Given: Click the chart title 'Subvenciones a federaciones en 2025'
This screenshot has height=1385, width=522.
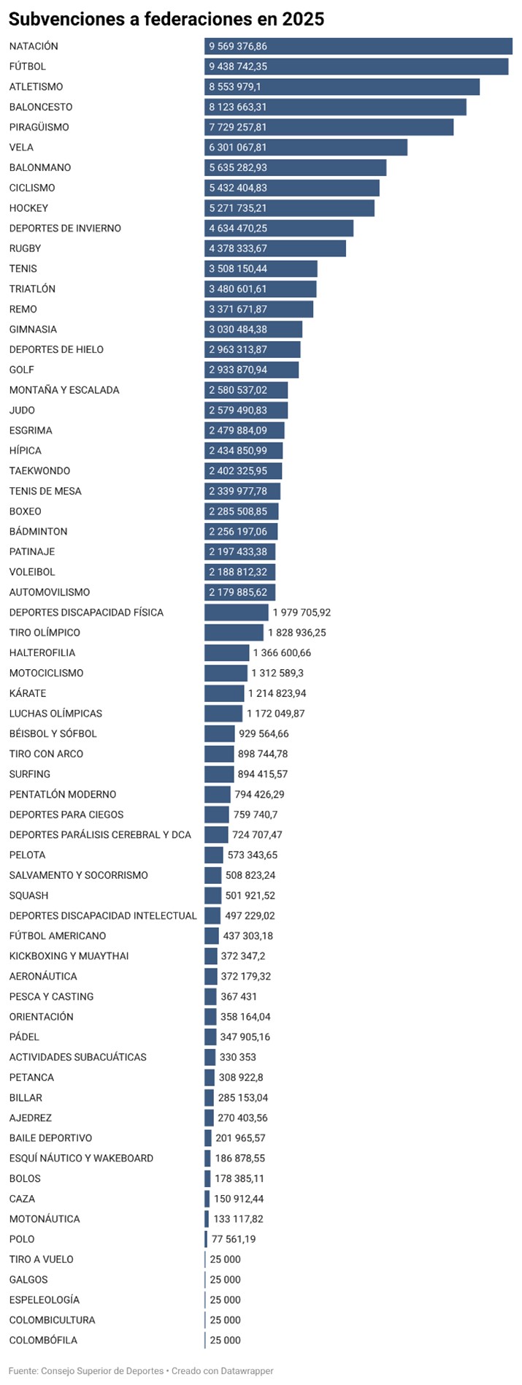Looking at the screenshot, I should (x=166, y=19).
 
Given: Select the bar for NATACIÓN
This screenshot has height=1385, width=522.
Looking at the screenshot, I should (x=358, y=46).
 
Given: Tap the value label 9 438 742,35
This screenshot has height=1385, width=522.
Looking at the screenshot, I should (x=238, y=66).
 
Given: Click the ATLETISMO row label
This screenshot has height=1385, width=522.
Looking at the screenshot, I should (x=36, y=87).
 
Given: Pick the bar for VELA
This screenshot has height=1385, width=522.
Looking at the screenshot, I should (x=305, y=148).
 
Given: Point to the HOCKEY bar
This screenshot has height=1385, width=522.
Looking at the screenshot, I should (x=289, y=208).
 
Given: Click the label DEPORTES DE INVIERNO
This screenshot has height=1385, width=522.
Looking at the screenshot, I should (x=65, y=229).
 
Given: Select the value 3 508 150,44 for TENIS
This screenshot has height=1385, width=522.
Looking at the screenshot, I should (x=238, y=269).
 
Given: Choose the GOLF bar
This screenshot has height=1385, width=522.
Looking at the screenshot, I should (x=251, y=370).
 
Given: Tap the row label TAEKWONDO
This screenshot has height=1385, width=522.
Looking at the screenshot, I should (x=39, y=471).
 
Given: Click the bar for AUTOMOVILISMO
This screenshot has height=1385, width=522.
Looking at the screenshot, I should (x=239, y=592).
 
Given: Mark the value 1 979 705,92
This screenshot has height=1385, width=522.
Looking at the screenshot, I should (x=302, y=612).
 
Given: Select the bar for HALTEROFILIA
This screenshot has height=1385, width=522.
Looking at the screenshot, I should (x=226, y=653).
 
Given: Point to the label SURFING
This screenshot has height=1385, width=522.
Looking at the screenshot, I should (x=30, y=774).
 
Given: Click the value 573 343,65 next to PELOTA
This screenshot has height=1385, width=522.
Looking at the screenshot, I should (x=253, y=855).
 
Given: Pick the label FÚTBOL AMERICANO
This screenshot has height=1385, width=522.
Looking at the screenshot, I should (x=58, y=936).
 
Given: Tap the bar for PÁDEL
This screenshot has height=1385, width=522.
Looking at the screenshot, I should (x=210, y=1037).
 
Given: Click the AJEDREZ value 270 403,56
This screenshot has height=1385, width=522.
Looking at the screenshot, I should (x=242, y=1118).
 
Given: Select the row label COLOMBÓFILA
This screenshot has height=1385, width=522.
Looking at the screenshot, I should (x=43, y=1340).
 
